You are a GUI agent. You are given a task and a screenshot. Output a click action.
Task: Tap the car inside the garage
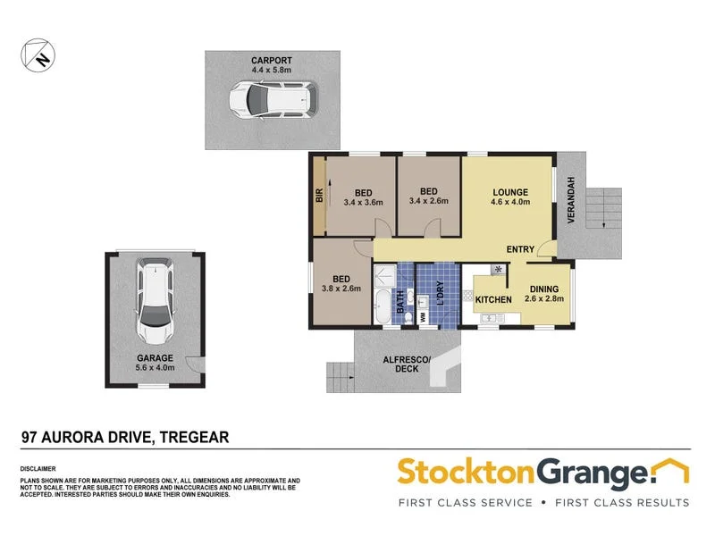coord(155,302)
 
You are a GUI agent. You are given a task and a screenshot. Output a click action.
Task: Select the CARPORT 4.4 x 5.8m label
coord(271,64)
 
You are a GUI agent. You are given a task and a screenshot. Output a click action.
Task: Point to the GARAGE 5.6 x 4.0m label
coord(155,362)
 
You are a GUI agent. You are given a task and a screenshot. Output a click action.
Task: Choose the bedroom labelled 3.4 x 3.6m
coord(362,197)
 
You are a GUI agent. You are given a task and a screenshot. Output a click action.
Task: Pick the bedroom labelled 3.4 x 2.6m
coord(428,196)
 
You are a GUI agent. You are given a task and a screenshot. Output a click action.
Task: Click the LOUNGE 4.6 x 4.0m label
coord(509,197)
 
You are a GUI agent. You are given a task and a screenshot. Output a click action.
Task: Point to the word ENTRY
coord(520,249)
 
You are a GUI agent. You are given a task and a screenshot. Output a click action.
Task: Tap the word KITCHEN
coord(492,299)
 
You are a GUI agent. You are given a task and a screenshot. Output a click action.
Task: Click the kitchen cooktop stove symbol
coord(498,271)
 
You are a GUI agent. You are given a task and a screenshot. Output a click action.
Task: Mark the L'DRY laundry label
coord(439,295)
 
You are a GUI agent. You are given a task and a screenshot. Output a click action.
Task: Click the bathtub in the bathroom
coord(383,306)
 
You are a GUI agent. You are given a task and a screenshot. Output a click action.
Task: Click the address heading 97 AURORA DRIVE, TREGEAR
coord(125,437)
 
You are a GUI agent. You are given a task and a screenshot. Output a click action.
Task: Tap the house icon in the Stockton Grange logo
coord(670,470)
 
